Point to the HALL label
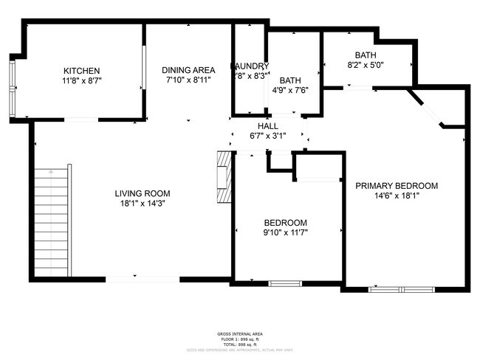point(267,126)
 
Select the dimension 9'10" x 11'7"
point(286,232)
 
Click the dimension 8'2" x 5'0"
point(365,65)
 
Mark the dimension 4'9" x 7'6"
point(289,91)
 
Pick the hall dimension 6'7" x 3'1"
point(267,136)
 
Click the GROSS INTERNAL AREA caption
point(239,333)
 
